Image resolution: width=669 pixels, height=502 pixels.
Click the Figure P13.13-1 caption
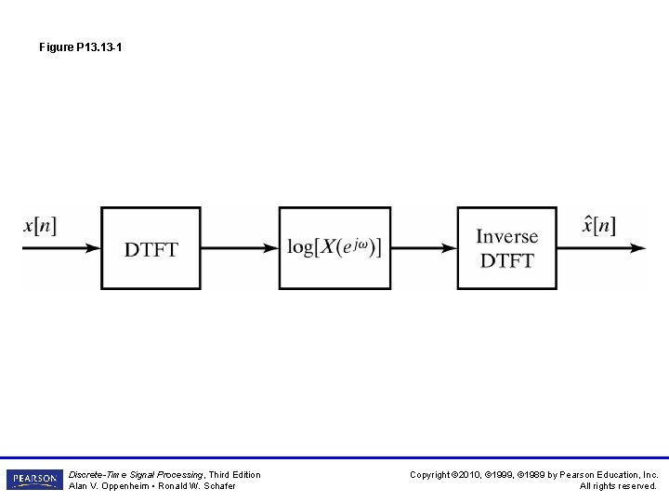coord(80,46)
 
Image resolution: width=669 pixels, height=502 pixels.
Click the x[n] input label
coord(39,226)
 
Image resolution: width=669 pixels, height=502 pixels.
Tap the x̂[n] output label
coord(598,225)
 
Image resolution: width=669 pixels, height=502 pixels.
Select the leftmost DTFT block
coord(151,248)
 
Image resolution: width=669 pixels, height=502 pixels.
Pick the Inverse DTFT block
coord(507,248)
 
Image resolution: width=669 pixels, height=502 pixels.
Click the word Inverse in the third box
coord(507,237)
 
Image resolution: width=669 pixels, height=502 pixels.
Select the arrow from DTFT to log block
coord(240,248)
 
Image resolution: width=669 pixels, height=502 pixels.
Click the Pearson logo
coord(33,480)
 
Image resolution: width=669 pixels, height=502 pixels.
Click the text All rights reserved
coord(618,486)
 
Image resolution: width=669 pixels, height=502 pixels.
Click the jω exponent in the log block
coord(359,243)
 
